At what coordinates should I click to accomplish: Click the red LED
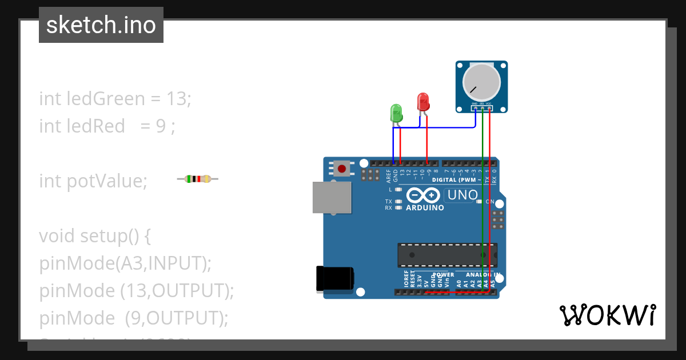[423, 102]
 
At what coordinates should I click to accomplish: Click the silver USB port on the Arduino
[332, 197]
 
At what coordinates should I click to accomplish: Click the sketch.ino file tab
[101, 25]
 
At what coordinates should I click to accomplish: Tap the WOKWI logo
[607, 315]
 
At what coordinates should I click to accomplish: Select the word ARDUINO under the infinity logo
[425, 208]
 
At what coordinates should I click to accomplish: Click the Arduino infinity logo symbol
[423, 195]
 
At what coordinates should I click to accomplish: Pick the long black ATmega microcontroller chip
[447, 254]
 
